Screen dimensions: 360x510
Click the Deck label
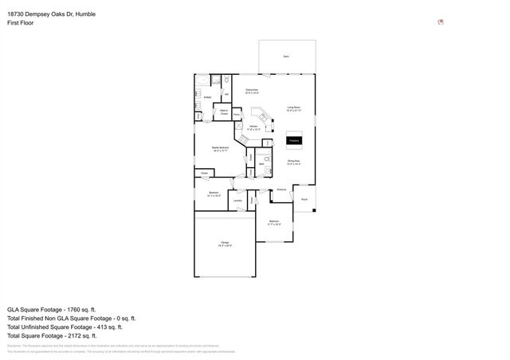coord(286,57)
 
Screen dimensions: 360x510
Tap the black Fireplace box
coord(294,141)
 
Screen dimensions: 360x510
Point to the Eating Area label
coord(252,92)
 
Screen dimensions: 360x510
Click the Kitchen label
coord(253,127)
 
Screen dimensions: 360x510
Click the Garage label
coord(225,244)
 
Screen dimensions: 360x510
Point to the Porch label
coord(304,199)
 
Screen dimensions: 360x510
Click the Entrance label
coord(281,190)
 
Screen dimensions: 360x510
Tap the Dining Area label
coord(294,162)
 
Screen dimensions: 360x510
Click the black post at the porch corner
coord(315,211)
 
